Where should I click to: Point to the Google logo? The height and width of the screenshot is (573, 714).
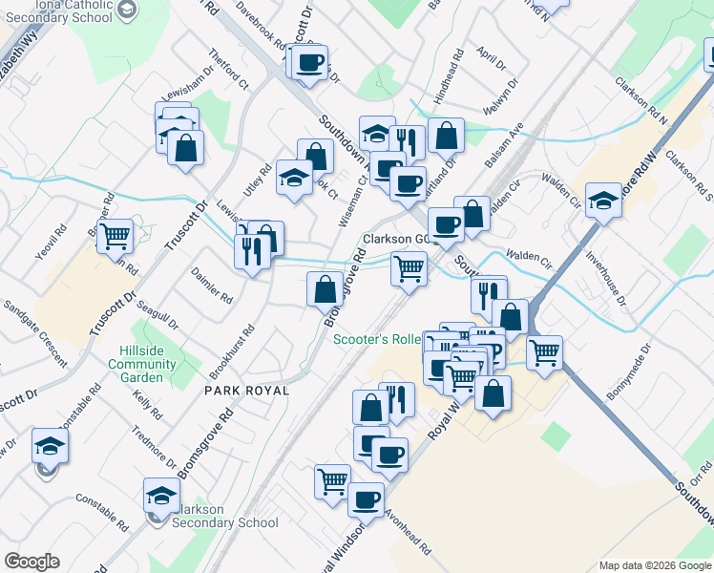pos(31,562)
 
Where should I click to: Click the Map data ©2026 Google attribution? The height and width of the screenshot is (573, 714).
pos(654,565)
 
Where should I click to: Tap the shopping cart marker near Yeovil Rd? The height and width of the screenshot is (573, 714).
pos(115,236)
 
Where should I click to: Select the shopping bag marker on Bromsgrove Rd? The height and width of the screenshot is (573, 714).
pos(325,288)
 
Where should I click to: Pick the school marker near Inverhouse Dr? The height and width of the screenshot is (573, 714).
pos(603,202)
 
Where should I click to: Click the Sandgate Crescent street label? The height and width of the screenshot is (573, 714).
pos(35,333)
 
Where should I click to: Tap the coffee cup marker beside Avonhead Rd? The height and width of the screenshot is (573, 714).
pos(365,499)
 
